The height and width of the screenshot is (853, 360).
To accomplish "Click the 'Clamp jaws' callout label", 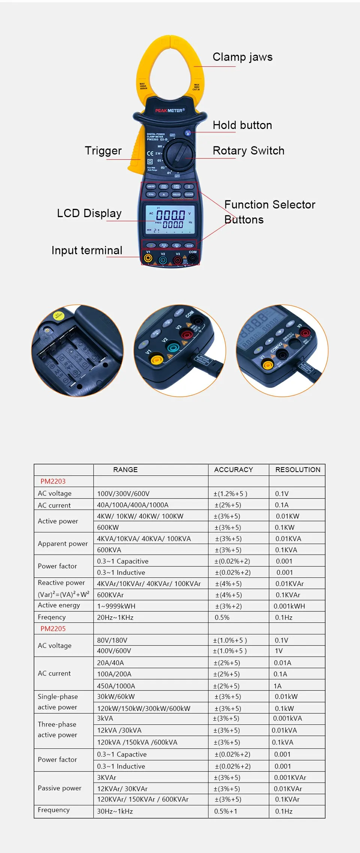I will [x=242, y=57].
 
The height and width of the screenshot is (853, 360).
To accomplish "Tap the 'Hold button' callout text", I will [x=242, y=125].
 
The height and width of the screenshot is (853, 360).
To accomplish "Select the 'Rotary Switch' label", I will [x=248, y=151].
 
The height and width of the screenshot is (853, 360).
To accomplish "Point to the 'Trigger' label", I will [x=103, y=151].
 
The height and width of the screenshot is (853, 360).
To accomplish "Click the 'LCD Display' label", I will [x=89, y=213].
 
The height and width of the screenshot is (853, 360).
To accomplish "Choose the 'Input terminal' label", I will [x=87, y=250].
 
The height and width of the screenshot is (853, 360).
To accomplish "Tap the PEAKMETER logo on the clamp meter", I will [x=170, y=111].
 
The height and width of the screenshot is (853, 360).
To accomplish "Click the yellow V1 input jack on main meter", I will [x=148, y=258].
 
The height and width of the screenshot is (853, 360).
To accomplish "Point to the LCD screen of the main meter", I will [x=170, y=219].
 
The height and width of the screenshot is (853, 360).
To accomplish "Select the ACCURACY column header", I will [x=233, y=470].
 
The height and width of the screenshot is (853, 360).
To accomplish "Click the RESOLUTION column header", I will [x=298, y=470].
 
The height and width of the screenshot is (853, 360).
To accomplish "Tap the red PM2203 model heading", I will [x=53, y=481].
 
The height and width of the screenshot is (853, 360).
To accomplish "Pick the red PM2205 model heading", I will [x=53, y=629].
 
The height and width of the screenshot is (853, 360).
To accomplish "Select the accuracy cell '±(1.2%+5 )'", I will [x=230, y=494].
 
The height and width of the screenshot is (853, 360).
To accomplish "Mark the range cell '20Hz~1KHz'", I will [x=115, y=618].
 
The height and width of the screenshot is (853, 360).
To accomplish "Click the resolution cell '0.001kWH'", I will [x=289, y=606].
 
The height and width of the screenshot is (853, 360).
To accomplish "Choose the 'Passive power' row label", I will [x=60, y=788].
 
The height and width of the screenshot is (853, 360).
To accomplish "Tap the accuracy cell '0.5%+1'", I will [x=225, y=811].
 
